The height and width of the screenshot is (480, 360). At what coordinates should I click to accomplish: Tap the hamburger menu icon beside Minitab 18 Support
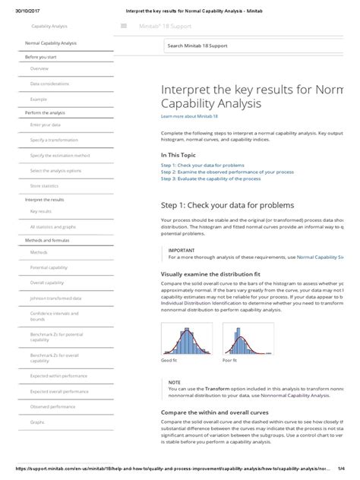point(123,26)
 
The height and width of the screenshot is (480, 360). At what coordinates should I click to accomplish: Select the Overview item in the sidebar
point(39,69)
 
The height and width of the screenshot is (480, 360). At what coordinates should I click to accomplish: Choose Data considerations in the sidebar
point(49,84)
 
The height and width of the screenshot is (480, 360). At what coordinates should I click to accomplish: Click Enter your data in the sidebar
point(46,125)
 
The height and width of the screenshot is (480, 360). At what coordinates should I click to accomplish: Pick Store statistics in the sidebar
point(44,185)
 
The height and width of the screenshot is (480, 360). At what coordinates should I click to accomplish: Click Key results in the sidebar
point(41,212)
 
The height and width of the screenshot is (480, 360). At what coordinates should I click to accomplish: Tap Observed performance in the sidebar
point(52,406)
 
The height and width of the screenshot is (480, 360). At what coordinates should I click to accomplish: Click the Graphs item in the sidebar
point(37,422)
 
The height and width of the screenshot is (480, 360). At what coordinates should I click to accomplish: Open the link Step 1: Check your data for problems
point(203,165)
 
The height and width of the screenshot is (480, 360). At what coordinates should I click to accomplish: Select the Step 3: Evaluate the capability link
point(211,179)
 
